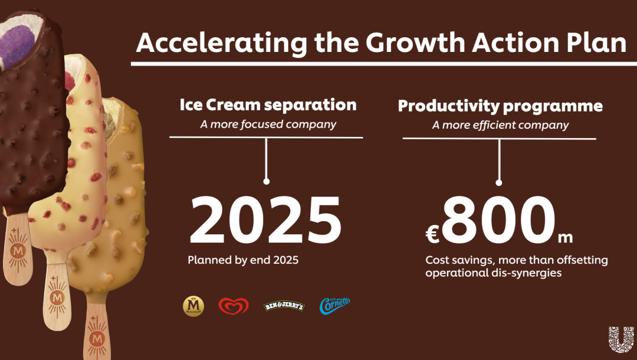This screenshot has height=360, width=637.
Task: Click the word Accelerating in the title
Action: tap(222, 43)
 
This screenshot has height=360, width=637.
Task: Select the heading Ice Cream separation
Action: tap(268, 105)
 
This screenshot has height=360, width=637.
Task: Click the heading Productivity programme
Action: tap(500, 106)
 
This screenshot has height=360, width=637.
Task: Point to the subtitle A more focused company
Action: tap(268, 125)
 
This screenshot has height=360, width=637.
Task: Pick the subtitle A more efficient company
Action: tap(500, 125)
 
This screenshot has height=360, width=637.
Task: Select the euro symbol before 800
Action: tap(432, 235)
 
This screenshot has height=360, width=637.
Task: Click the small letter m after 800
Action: tap(565, 238)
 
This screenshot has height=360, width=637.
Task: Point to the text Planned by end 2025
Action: tap(243, 260)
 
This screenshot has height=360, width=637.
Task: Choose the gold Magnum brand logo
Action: tap(193, 306)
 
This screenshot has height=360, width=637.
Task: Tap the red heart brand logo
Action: tap(234, 306)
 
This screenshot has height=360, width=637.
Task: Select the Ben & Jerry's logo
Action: tap(284, 306)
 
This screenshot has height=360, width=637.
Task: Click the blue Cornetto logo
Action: tap(334, 306)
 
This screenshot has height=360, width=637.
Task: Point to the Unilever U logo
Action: tap(621, 339)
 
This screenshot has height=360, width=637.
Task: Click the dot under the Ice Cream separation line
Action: tap(267, 182)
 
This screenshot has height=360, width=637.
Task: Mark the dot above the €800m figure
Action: tap(499, 183)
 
